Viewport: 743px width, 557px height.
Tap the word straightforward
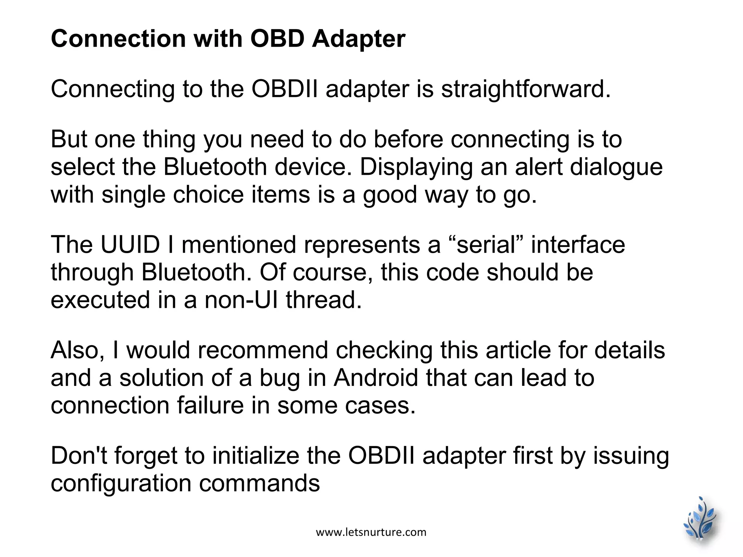(526, 89)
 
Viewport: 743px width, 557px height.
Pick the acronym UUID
(130, 244)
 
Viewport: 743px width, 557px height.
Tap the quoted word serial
(487, 244)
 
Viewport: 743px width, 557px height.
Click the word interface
(578, 244)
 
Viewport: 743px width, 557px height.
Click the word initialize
(256, 456)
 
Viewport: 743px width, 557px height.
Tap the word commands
(259, 484)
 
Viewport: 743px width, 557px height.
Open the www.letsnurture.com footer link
(371, 532)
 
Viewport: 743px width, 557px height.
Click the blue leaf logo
(701, 521)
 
